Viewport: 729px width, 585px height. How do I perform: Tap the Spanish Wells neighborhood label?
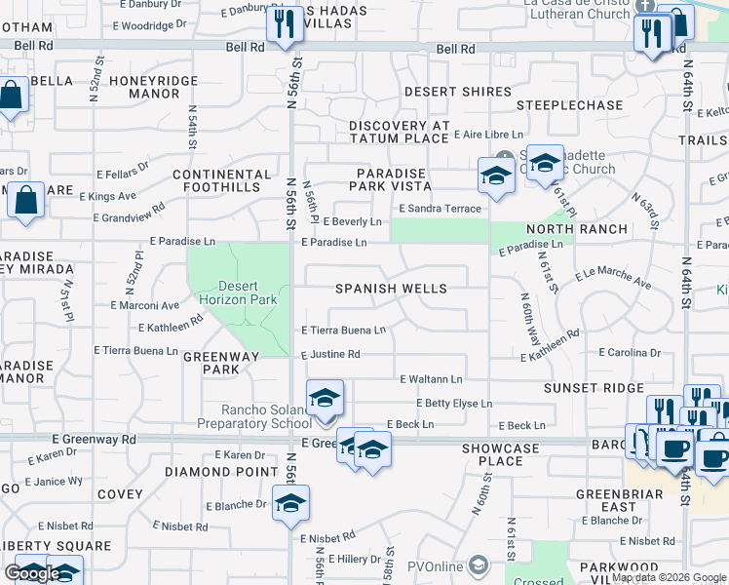coord(391,289)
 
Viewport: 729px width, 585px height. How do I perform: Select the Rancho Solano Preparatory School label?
coord(253,416)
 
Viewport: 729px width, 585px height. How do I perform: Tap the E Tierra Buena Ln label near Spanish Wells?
coord(343,331)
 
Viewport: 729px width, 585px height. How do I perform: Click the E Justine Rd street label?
coord(330,355)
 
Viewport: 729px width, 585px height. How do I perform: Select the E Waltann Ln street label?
coord(431,378)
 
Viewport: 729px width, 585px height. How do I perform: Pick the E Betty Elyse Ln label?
coord(454,403)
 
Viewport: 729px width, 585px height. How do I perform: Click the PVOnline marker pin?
coord(478,565)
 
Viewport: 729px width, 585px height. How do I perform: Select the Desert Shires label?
coord(458,92)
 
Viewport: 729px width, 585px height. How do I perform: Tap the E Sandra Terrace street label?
coord(440,209)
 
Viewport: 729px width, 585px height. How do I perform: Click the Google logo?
coord(32,572)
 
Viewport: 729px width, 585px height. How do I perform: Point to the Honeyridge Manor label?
coord(154,89)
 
